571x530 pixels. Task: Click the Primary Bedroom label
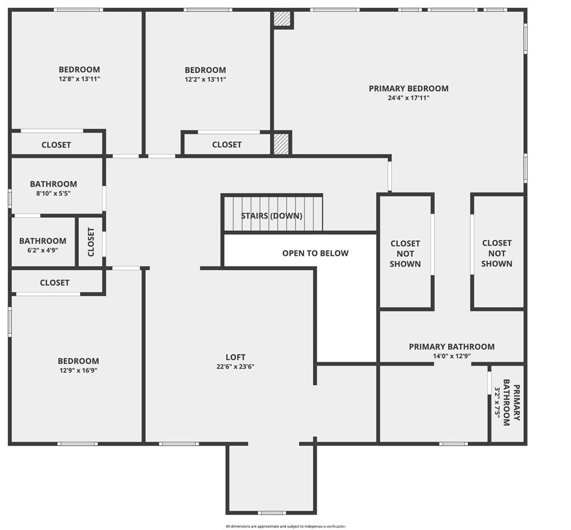pos(408,89)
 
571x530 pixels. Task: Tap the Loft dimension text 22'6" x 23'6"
pos(235,367)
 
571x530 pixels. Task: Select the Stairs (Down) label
pos(272,216)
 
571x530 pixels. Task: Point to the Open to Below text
pos(315,253)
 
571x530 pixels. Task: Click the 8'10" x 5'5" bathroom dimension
pos(53,193)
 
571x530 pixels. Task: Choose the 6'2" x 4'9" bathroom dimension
pos(43,250)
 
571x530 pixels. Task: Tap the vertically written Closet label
pos(91,241)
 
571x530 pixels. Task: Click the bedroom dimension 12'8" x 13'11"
pos(79,79)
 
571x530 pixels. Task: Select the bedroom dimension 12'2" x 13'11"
pos(205,79)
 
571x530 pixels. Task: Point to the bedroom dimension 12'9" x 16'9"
pos(78,371)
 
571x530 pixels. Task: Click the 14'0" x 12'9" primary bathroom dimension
pos(452,356)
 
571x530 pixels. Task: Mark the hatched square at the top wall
pos(283,19)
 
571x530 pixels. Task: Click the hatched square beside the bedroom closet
pos(281,143)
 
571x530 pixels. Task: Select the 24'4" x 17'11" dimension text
pos(408,97)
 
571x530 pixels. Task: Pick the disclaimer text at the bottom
pos(285,526)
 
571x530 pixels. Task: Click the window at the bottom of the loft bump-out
pos(272,513)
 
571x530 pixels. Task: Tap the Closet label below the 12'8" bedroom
pos(56,145)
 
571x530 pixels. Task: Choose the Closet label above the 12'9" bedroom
pos(55,282)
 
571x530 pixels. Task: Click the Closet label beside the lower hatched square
pos(227,145)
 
